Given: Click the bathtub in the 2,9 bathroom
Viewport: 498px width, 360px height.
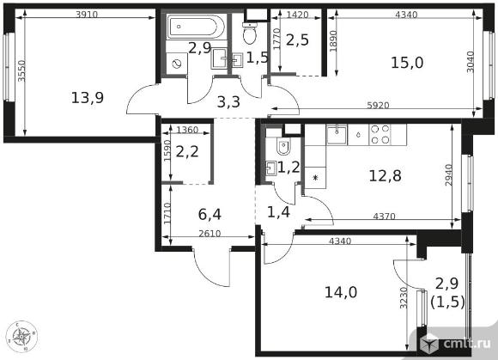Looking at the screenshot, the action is click(x=197, y=27).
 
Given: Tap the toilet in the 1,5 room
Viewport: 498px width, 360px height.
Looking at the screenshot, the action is click(x=250, y=33).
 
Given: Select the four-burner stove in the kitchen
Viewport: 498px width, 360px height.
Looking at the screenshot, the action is click(x=380, y=134).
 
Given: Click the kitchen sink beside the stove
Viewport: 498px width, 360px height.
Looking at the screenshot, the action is click(x=337, y=134).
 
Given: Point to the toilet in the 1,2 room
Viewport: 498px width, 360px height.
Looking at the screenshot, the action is click(x=283, y=145).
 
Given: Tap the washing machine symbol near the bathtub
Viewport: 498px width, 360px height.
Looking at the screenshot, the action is click(x=177, y=64).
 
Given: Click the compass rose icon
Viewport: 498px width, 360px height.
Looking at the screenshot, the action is click(x=21, y=337).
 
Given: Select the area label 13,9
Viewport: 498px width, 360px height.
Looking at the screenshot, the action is click(x=88, y=97).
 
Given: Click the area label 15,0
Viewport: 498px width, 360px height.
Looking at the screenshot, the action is click(x=407, y=62).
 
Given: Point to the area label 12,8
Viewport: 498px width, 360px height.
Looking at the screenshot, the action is click(x=385, y=175).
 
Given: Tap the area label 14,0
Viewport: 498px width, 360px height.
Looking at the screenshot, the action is click(x=341, y=292).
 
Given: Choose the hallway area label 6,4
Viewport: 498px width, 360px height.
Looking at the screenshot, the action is click(x=210, y=215).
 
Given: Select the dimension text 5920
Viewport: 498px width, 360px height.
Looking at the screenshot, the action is click(x=378, y=105).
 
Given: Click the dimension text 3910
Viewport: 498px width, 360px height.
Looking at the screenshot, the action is click(x=87, y=14).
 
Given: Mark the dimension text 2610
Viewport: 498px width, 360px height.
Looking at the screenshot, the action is click(x=210, y=234).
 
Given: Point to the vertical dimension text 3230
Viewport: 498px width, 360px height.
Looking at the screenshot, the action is click(x=404, y=298).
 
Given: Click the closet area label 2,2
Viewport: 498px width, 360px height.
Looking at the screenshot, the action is click(x=187, y=151).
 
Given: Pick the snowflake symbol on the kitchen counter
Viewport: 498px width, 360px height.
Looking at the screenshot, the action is click(x=315, y=177).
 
